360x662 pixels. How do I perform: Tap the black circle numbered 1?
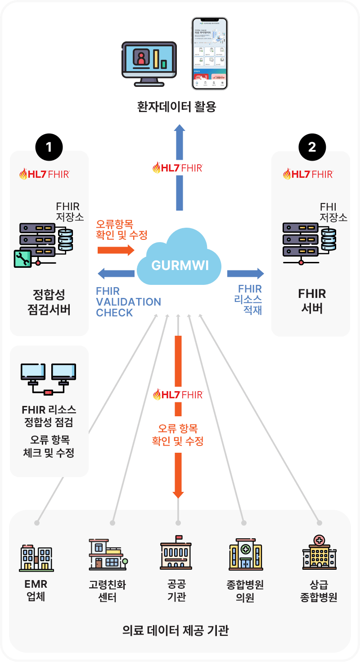pyautogui.click(x=49, y=147)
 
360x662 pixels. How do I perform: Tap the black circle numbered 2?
pyautogui.click(x=312, y=147)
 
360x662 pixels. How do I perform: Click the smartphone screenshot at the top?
pyautogui.click(x=210, y=54)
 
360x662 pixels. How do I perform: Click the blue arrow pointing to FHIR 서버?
pyautogui.click(x=245, y=273)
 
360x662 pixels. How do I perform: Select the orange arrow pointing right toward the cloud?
pyautogui.click(x=116, y=250)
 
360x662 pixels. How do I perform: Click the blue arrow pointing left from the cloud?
pyautogui.click(x=116, y=273)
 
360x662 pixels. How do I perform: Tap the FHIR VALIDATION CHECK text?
pyautogui.click(x=128, y=302)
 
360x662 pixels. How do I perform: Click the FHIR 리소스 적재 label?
pyautogui.click(x=250, y=299)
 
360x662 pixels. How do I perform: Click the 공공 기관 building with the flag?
pyautogui.click(x=176, y=553)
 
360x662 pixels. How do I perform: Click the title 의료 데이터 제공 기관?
pyautogui.click(x=175, y=630)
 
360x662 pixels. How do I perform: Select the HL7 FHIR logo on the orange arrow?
pyautogui.click(x=178, y=395)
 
